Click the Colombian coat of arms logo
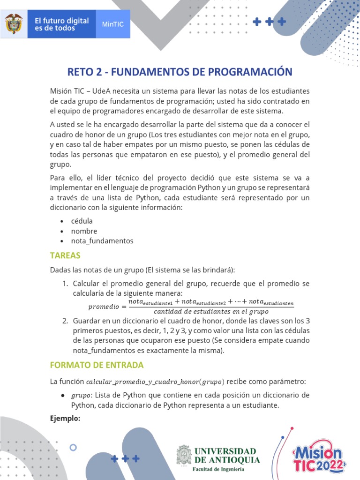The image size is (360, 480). click(14, 24)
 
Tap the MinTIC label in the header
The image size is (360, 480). click(112, 24)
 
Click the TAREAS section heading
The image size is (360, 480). click(66, 255)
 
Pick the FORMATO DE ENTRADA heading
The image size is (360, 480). click(97, 365)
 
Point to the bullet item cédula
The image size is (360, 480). click(82, 221)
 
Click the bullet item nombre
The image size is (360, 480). click(84, 231)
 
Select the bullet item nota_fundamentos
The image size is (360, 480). click(102, 241)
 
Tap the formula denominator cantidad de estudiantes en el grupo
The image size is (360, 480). click(210, 311)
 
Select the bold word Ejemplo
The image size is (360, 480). click(65, 419)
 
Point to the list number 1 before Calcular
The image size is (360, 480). click(65, 284)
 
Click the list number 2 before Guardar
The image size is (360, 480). click(65, 321)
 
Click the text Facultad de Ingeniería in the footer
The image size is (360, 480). click(218, 469)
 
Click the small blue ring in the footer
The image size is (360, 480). click(73, 448)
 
